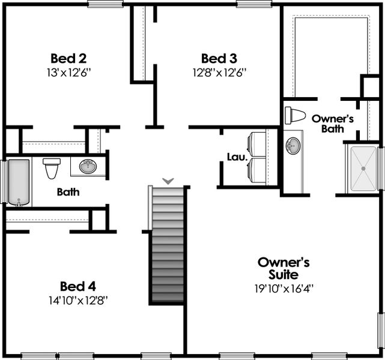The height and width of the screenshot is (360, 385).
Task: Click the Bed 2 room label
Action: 68,58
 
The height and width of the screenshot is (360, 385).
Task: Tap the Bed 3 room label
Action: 219,58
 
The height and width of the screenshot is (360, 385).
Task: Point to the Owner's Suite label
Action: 283,269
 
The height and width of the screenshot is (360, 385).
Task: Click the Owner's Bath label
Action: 332,123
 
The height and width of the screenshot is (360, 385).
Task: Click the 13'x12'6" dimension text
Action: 68,71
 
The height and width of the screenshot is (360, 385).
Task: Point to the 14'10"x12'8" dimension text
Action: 78,299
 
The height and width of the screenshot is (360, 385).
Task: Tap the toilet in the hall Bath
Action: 51,167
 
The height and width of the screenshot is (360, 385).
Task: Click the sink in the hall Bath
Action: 88,166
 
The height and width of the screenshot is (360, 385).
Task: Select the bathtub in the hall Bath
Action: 18,182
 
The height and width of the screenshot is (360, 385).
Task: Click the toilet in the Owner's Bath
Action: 295,115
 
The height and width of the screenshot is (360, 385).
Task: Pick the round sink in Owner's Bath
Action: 293,146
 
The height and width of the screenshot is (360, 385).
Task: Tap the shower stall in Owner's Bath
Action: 363,169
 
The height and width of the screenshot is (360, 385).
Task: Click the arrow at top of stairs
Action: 168,180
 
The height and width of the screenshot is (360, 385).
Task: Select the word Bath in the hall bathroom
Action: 68,193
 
